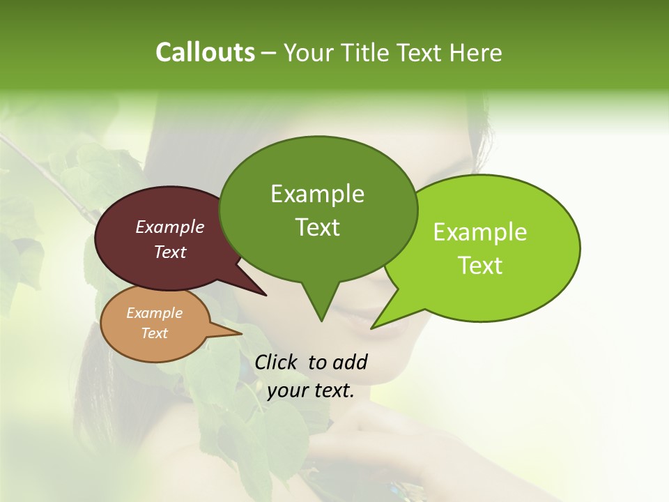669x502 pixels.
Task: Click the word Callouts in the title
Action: (205, 52)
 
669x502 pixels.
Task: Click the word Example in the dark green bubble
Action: (317, 194)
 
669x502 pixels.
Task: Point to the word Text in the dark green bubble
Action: (317, 227)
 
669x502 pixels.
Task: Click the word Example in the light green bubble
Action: (480, 232)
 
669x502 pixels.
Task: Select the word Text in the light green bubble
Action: (480, 266)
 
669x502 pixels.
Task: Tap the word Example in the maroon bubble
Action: (170, 227)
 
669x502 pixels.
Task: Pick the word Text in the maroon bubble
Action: (170, 252)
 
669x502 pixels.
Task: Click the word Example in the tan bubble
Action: (154, 313)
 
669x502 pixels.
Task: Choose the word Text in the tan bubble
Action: (154, 333)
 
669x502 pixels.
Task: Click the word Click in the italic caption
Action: (277, 362)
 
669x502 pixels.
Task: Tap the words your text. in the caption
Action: (310, 390)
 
